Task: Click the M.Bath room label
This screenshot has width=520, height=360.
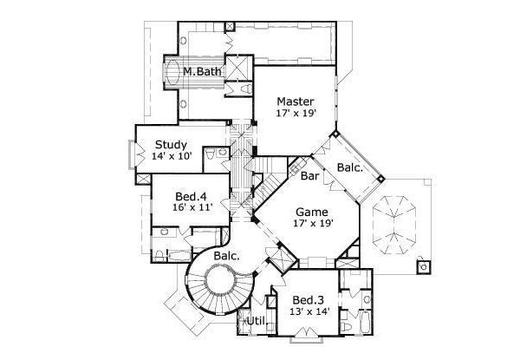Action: coord(201,72)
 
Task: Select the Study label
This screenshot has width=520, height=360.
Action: coord(172,144)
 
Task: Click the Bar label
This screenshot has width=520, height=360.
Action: coord(310,178)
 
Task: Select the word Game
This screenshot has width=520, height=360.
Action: coord(311,211)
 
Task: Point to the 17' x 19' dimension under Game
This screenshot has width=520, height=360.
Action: coord(311,224)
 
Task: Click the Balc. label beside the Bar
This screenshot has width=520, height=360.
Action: coord(350,167)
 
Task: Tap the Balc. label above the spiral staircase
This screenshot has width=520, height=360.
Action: coord(226,257)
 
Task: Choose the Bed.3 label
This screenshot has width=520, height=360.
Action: coord(309,298)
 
